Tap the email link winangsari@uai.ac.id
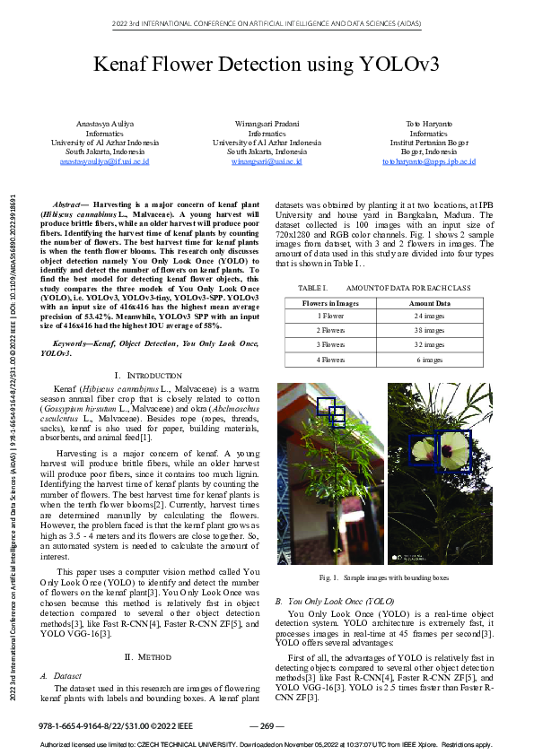tap(267, 161)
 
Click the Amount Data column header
tap(430, 304)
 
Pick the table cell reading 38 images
tap(430, 330)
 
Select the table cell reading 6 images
tap(430, 360)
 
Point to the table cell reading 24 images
tap(430, 317)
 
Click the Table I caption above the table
tap(383, 287)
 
